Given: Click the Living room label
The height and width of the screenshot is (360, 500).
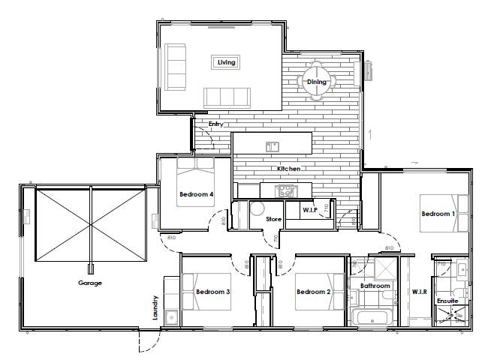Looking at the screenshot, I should coord(227,62).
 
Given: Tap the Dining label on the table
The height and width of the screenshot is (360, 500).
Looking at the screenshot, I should coord(316,82).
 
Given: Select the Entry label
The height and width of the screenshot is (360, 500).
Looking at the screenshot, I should coord(216,124).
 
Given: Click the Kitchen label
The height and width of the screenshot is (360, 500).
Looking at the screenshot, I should coord(289,169).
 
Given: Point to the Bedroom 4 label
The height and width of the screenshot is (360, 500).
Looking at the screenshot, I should coord(197,195).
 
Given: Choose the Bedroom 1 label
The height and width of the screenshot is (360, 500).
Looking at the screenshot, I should coord(438,214).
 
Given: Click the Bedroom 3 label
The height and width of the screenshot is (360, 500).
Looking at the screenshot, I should coord(212,292).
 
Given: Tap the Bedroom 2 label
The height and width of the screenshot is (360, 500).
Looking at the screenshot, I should coord(313,292).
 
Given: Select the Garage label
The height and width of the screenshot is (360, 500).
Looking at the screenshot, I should coord(90,283).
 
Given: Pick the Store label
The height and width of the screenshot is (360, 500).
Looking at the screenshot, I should coord(274,219).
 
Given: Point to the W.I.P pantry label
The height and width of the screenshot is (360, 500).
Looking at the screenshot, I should coord(311,210).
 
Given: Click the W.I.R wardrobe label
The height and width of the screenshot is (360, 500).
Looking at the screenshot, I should coord(420,291).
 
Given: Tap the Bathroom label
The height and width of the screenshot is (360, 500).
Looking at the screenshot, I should coord(375,286).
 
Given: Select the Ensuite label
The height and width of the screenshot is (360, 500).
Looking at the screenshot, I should coord(447,301).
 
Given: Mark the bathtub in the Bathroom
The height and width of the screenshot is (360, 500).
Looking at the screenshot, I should coord(373,320).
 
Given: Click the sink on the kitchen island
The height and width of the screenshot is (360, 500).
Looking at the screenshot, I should coord(272,145).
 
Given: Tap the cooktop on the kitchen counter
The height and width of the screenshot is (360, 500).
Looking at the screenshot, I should coord(287,191).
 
